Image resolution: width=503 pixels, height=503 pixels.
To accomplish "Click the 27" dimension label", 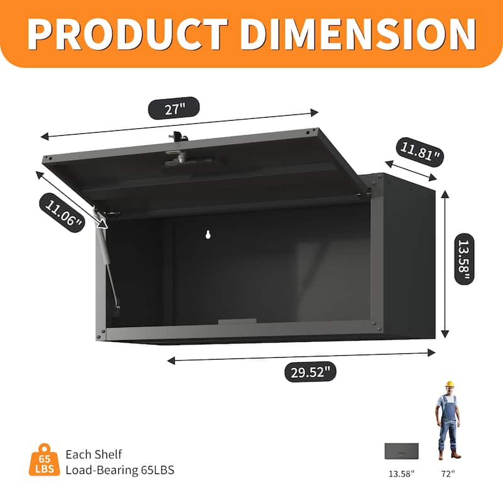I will point(174,108).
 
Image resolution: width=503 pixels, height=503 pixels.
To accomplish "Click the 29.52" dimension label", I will point(310,372).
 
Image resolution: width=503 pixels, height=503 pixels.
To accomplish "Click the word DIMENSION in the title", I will point(353,33).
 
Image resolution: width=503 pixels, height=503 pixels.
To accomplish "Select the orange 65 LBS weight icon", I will point(44,460).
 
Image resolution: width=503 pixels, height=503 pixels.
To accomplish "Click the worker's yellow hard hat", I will point(449,384).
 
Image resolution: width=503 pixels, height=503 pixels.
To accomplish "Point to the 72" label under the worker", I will point(449,472).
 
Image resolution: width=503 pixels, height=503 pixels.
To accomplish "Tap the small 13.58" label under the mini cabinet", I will point(401,472).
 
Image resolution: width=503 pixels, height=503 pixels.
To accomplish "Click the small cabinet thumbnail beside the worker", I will point(401,451).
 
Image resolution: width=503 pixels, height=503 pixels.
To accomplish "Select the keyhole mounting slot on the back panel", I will point(208,235).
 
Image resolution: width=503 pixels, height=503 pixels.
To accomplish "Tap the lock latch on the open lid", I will point(177,151).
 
